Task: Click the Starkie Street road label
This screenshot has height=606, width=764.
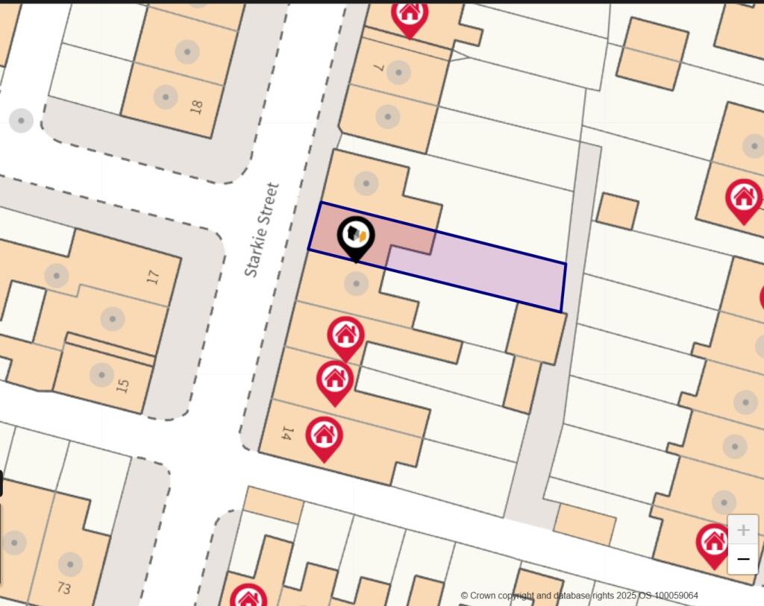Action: click(x=262, y=230)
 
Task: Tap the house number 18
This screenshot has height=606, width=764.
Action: click(x=196, y=107)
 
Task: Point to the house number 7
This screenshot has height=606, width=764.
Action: click(x=379, y=68)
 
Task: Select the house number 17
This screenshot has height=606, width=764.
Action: click(x=154, y=277)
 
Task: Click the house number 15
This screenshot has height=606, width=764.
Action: click(x=123, y=385)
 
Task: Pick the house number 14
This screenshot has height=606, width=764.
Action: click(x=286, y=432)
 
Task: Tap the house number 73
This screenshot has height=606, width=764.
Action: click(x=63, y=588)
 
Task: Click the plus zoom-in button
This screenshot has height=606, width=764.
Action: click(x=742, y=530)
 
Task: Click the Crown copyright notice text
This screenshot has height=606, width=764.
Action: click(x=579, y=596)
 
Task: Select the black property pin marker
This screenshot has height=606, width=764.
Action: click(x=356, y=236)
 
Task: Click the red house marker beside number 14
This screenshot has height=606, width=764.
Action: click(x=324, y=436)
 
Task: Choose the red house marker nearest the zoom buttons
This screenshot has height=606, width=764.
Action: click(x=713, y=543)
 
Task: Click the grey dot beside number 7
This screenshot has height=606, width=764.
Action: click(x=398, y=72)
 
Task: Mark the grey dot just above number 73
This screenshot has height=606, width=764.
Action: click(x=69, y=564)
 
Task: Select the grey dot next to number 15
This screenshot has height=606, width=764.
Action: click(x=101, y=374)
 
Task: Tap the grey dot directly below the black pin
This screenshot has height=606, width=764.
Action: click(x=356, y=283)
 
